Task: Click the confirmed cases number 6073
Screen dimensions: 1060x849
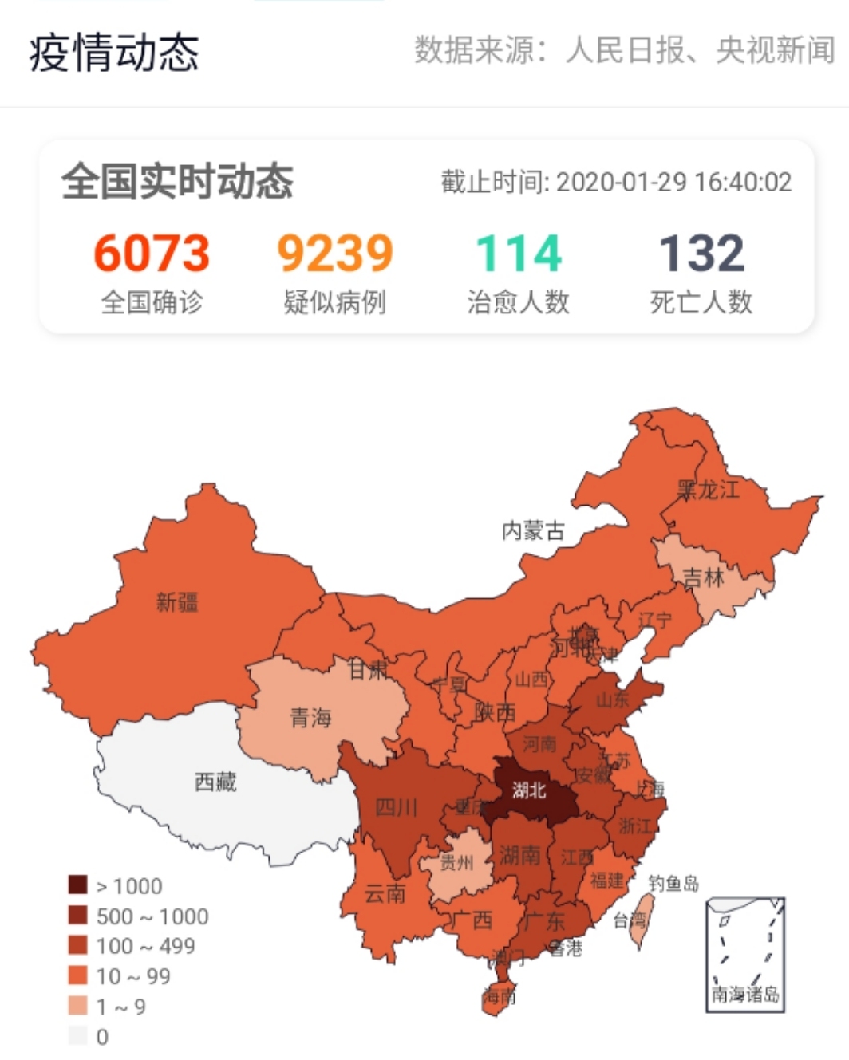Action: coord(152,253)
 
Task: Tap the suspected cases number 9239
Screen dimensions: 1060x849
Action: coord(334,253)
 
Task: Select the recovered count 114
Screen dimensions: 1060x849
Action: coord(519,253)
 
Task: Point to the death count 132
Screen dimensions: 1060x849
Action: coord(701,253)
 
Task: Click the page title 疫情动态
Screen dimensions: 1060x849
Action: coord(114,53)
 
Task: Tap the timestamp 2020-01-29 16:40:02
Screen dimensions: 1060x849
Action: coord(673,182)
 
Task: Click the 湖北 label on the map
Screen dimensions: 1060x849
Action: coord(529,790)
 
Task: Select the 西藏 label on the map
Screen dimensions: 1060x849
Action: coord(215,781)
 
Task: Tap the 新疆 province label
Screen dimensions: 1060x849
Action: coord(176,601)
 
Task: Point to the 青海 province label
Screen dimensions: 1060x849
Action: coord(310,718)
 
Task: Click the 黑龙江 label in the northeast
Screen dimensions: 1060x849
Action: coord(708,489)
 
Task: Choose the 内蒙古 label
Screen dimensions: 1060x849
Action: coord(533,530)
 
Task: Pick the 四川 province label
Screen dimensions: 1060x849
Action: coord(396,807)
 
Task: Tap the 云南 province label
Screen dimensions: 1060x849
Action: coord(385,893)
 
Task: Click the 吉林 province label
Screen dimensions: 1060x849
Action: coord(703,577)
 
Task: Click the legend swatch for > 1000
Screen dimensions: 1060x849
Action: coord(77,885)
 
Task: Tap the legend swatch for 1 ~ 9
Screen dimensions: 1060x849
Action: coord(77,1006)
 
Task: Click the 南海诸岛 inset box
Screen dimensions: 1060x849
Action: coord(745,954)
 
